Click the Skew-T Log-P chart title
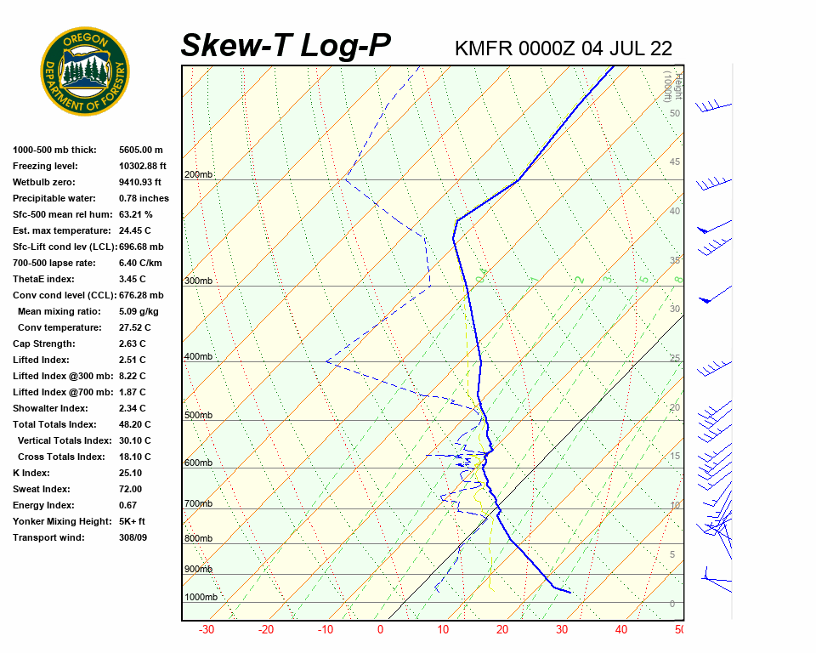[x=286, y=46]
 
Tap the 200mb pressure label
[x=198, y=175]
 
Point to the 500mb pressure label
[x=198, y=415]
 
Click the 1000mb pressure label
[x=201, y=597]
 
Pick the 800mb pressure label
[x=198, y=538]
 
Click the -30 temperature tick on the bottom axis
[x=206, y=630]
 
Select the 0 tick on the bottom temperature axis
[x=380, y=630]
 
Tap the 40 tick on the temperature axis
[x=621, y=630]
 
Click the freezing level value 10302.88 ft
[x=143, y=166]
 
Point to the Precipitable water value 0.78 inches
[x=144, y=198]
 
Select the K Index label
[x=31, y=473]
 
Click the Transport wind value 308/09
[x=133, y=537]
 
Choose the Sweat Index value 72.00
[x=131, y=489]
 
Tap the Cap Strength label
[x=44, y=344]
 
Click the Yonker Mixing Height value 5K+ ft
[x=133, y=521]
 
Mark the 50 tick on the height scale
[x=675, y=113]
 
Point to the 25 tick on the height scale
[x=675, y=358]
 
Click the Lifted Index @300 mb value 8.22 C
[x=132, y=376]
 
